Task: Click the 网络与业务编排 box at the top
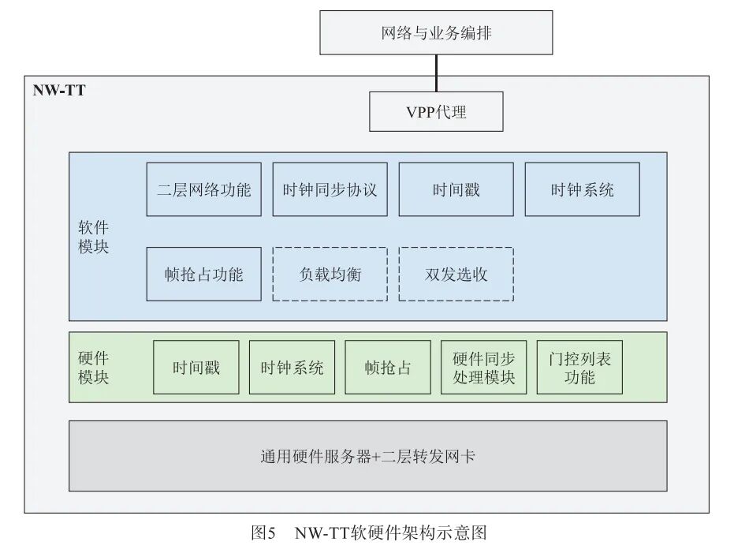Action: [436, 33]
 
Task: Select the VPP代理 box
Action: [436, 111]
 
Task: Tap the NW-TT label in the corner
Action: [59, 90]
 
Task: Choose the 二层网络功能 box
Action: [203, 189]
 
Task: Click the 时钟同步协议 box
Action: [330, 189]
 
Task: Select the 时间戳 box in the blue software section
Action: [456, 189]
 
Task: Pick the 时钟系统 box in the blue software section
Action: [582, 189]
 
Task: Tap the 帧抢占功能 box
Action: [203, 274]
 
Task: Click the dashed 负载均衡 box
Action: [330, 274]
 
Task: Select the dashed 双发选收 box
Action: [456, 274]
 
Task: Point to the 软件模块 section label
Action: [93, 236]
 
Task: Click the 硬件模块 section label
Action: [93, 367]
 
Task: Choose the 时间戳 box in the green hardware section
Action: [196, 367]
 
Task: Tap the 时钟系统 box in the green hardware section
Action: [292, 367]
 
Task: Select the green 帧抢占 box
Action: [388, 367]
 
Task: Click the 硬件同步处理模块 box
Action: [483, 367]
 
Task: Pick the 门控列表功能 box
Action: [579, 367]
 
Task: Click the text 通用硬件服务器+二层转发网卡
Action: [367, 456]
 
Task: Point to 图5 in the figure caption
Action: [263, 532]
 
